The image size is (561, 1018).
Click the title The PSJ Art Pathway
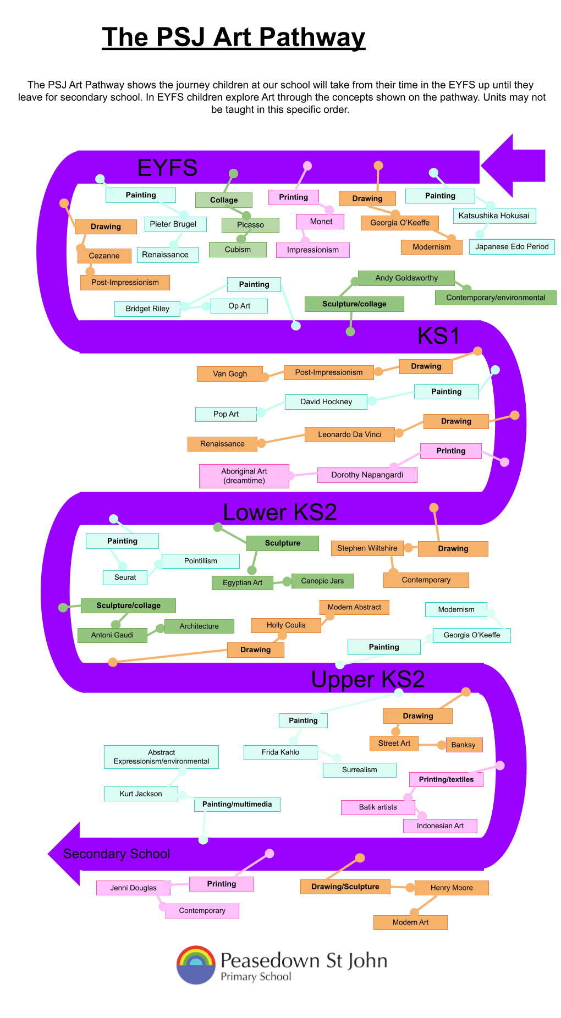233,37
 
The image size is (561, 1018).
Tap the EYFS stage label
167,168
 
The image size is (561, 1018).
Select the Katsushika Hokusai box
494,216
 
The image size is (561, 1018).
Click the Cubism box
238,250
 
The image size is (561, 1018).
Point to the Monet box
321,222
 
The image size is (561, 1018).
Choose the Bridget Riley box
147,309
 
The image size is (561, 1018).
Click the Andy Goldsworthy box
406,278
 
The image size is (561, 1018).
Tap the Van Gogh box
230,374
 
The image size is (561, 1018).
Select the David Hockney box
326,402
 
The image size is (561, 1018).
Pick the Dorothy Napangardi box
367,475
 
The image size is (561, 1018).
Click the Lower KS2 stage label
279,513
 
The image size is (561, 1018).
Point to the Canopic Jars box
322,581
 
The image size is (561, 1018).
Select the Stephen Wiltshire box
367,548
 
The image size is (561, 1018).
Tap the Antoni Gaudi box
112,635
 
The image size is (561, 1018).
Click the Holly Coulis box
286,625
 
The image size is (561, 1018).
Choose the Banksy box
463,745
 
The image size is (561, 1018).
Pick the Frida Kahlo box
280,752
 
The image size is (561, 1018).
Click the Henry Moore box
452,888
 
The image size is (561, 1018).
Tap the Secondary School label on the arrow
117,854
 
